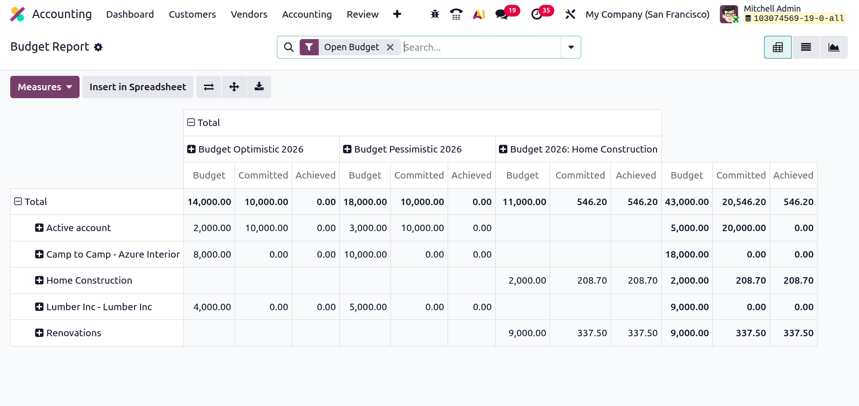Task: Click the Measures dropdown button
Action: pos(45,87)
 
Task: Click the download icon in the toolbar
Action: pos(259,87)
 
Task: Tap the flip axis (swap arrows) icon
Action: pos(209,87)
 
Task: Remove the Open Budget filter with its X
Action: pos(390,47)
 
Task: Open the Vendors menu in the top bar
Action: pos(249,14)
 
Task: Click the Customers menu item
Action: pos(192,14)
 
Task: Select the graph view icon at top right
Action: pos(834,47)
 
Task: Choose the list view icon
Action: pos(806,47)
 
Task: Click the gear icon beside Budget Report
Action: pos(98,47)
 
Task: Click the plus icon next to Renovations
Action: pos(39,333)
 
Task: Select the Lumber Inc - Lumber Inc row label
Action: pos(99,307)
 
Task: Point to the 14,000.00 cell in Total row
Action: pos(209,202)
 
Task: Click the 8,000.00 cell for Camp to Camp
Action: pos(212,254)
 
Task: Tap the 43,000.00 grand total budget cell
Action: pos(687,202)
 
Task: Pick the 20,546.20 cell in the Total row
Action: pos(744,202)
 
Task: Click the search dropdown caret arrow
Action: pos(571,47)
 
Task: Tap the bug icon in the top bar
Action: pos(435,14)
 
